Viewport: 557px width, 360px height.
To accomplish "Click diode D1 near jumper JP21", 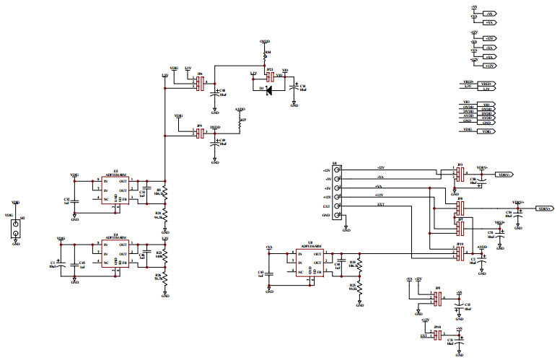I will [269, 90].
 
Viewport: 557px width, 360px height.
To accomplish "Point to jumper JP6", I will [200, 84].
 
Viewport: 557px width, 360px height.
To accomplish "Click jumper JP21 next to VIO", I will [270, 76].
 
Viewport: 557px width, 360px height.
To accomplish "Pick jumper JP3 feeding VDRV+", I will [459, 174].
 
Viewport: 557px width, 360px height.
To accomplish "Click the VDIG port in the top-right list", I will [488, 131].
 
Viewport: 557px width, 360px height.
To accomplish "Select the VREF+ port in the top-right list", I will [488, 83].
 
